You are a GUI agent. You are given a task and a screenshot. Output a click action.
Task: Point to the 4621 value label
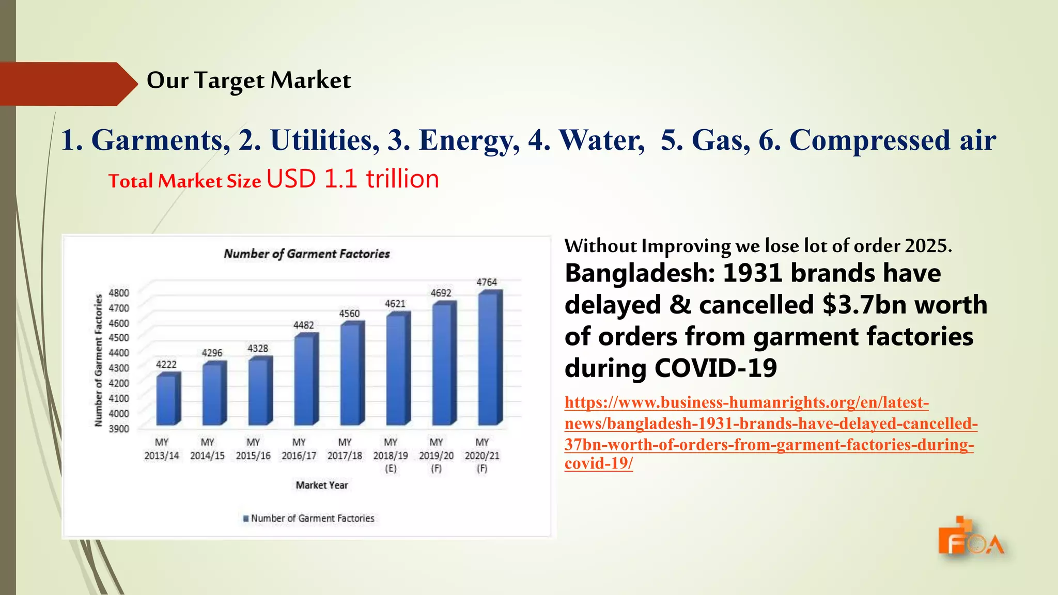point(395,304)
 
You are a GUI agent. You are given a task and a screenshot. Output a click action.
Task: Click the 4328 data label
point(258,349)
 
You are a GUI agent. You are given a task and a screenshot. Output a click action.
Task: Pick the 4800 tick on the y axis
point(119,293)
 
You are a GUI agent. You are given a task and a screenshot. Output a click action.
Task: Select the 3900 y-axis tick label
point(119,429)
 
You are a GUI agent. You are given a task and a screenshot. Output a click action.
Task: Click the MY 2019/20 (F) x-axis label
point(437,455)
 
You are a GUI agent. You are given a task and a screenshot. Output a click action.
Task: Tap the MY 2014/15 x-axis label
point(207,449)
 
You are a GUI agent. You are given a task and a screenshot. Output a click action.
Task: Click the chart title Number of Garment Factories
point(307,254)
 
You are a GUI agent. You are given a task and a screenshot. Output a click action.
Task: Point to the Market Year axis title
point(322,485)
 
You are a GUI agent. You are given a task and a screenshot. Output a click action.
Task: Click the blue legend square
point(246,518)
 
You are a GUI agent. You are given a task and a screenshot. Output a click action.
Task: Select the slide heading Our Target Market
point(248,81)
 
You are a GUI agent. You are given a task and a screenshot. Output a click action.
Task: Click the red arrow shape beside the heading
point(67,84)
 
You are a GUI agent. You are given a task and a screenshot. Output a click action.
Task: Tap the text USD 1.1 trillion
point(353,179)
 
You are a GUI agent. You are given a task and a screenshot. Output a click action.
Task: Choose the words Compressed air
point(893,140)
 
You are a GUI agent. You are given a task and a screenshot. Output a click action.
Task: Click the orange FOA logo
point(970,537)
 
